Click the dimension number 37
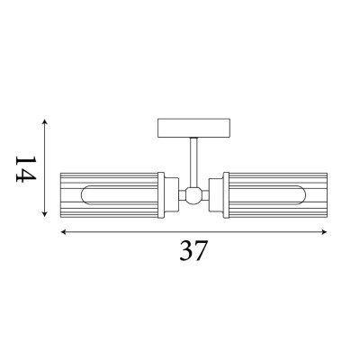click(193, 251)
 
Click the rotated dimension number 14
click(26, 169)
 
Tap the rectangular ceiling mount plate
click(193, 128)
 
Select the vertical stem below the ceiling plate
click(193, 162)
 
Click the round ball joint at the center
click(193, 195)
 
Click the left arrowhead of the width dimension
click(64, 232)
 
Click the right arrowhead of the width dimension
click(324, 232)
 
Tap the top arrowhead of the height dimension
click(45, 121)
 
